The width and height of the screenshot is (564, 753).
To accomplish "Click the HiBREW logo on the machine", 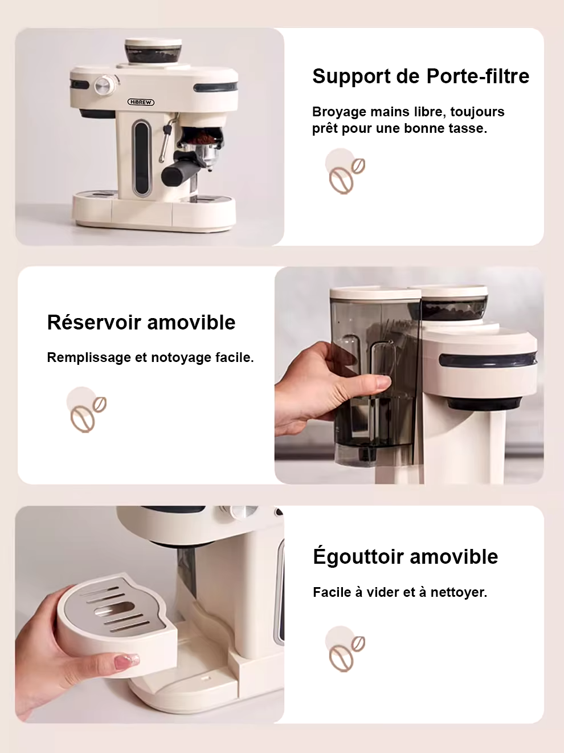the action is coord(141,102).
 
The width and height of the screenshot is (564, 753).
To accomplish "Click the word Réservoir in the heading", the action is coord(95,323).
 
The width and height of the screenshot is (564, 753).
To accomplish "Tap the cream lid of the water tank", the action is coord(375,293).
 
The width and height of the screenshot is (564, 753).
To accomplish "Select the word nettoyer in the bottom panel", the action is coord(459,592).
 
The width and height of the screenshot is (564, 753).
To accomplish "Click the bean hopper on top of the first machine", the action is coord(153,51).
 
